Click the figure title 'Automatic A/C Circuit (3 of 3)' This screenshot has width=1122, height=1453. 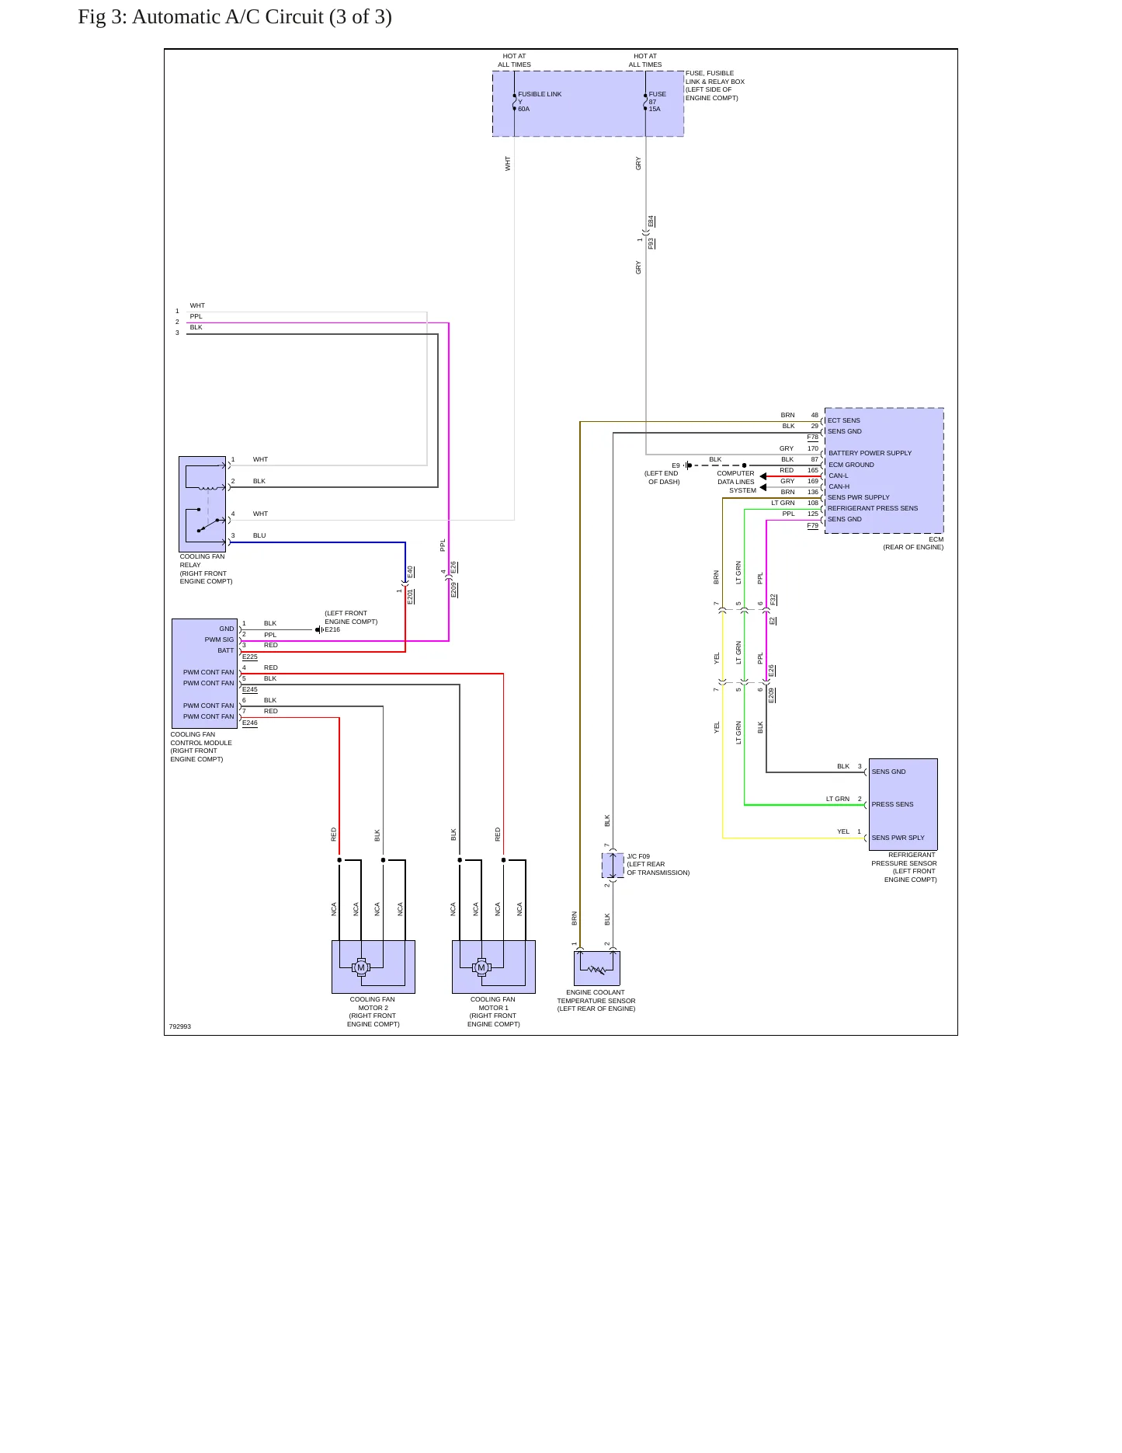click(262, 17)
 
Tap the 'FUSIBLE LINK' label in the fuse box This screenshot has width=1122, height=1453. click(540, 94)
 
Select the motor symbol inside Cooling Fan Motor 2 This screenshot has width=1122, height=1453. click(361, 967)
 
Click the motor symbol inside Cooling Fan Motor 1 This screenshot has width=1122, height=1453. click(481, 967)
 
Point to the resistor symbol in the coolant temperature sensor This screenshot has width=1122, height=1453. click(596, 969)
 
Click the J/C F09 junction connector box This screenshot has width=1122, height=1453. click(613, 866)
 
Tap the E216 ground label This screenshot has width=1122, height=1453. click(332, 629)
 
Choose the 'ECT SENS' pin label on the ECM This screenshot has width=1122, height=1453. click(844, 420)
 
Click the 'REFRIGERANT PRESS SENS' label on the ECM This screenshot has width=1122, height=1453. click(873, 508)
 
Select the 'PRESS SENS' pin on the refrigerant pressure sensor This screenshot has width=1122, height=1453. click(892, 804)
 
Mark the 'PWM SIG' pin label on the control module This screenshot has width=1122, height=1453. click(219, 639)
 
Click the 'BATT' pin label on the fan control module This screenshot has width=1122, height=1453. click(225, 650)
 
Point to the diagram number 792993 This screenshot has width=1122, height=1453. click(180, 1026)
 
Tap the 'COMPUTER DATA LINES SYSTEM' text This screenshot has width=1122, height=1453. click(736, 482)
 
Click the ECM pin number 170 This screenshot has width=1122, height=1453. click(813, 448)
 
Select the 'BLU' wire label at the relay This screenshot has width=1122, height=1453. click(259, 535)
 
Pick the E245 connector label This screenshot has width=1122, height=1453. click(250, 689)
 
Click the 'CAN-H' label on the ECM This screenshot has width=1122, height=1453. click(839, 486)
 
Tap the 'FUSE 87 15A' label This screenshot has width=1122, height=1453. click(657, 102)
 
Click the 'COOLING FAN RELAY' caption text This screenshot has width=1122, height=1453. click(202, 560)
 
